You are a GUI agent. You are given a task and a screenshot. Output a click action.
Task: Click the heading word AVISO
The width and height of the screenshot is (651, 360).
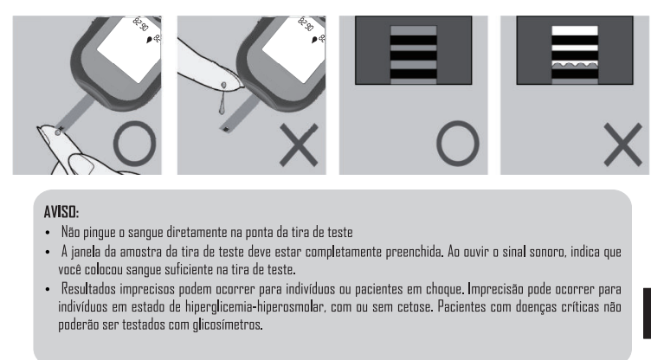[x=61, y=212]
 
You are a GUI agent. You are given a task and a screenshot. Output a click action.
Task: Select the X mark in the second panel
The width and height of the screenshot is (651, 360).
[x=299, y=145]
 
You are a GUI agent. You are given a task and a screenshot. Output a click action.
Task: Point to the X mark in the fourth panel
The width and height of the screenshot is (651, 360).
[x=622, y=145]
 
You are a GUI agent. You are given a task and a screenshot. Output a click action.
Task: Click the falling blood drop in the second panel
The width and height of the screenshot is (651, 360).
[x=222, y=107]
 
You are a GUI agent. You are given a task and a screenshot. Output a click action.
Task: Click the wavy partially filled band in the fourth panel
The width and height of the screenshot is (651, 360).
[x=575, y=66]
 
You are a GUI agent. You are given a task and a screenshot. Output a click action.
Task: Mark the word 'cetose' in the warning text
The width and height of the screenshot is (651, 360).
[x=416, y=307]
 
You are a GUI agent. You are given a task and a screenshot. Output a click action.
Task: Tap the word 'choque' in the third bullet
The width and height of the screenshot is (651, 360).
[x=445, y=288]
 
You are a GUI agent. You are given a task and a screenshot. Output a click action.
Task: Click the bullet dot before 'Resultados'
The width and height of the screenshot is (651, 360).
[x=48, y=289]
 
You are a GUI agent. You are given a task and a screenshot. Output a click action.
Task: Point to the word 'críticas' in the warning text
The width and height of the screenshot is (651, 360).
[x=580, y=306]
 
